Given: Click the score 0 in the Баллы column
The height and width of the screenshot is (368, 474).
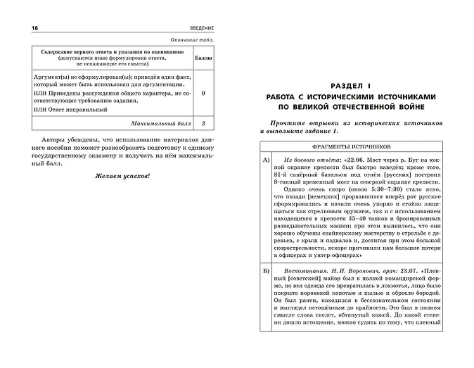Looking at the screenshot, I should [203, 92].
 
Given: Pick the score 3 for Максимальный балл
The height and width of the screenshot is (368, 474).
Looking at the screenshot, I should [203, 124].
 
